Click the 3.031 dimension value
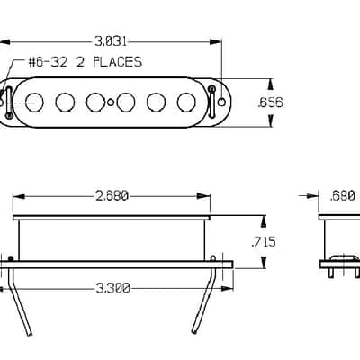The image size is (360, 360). pyautogui.click(x=111, y=41)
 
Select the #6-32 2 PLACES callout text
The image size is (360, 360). pyautogui.click(x=85, y=62)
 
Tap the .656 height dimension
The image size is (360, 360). pyautogui.click(x=270, y=103)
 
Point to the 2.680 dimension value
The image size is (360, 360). pyautogui.click(x=112, y=196)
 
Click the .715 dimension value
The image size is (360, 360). pyautogui.click(x=264, y=242)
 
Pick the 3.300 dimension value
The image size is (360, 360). pyautogui.click(x=112, y=288)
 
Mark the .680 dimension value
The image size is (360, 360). pyautogui.click(x=342, y=196)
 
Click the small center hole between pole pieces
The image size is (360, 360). pyautogui.click(x=111, y=103)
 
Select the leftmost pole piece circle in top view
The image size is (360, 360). pyautogui.click(x=34, y=103)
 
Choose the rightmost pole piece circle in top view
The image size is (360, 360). pyautogui.click(x=186, y=103)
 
